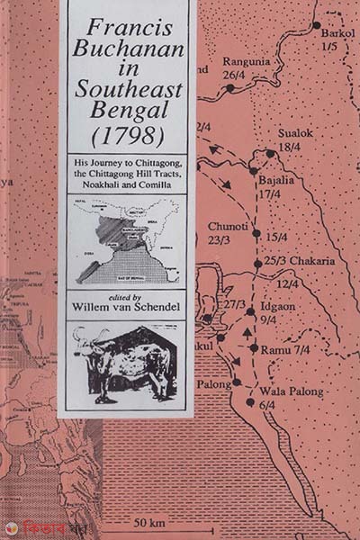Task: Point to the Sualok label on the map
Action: pyautogui.click(x=295, y=133)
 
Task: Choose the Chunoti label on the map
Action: pyautogui.click(x=226, y=228)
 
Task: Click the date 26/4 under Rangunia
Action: pyautogui.click(x=236, y=75)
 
